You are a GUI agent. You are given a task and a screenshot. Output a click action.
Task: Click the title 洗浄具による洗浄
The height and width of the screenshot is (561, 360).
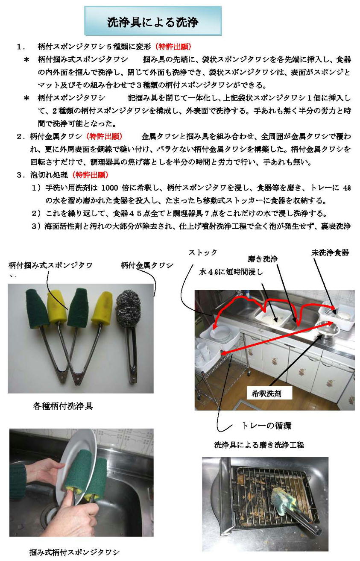(x=152, y=22)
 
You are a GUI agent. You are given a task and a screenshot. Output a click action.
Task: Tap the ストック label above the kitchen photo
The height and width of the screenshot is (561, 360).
(x=203, y=253)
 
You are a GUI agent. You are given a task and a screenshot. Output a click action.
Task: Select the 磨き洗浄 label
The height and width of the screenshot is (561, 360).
(x=263, y=259)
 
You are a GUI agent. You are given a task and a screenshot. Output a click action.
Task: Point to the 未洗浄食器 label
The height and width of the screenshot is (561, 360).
(x=330, y=253)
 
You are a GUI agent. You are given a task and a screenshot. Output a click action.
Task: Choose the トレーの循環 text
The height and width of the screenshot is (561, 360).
(x=267, y=426)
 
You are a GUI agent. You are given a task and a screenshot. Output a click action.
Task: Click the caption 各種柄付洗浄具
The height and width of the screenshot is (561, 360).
(x=63, y=406)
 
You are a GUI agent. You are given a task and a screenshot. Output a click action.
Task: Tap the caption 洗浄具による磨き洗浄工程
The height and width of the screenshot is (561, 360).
(x=259, y=445)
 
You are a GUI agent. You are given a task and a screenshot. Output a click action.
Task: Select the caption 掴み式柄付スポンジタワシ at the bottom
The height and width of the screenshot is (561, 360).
(x=74, y=552)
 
